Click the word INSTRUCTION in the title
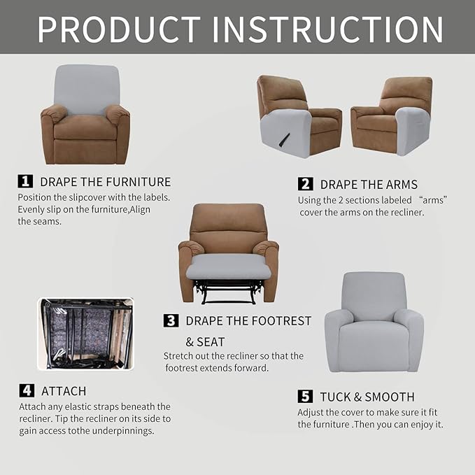tap(327, 29)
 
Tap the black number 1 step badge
tap(25, 181)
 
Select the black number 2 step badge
tap(305, 184)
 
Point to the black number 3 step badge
tap(171, 321)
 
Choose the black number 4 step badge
tap(27, 390)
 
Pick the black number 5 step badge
tap(305, 397)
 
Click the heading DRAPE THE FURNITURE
tap(105, 182)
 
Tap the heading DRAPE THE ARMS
tap(369, 185)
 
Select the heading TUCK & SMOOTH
tap(367, 397)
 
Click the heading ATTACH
tap(64, 391)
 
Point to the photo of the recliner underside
tap(85, 334)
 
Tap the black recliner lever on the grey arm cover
tap(284, 139)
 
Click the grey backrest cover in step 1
tap(86, 90)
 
